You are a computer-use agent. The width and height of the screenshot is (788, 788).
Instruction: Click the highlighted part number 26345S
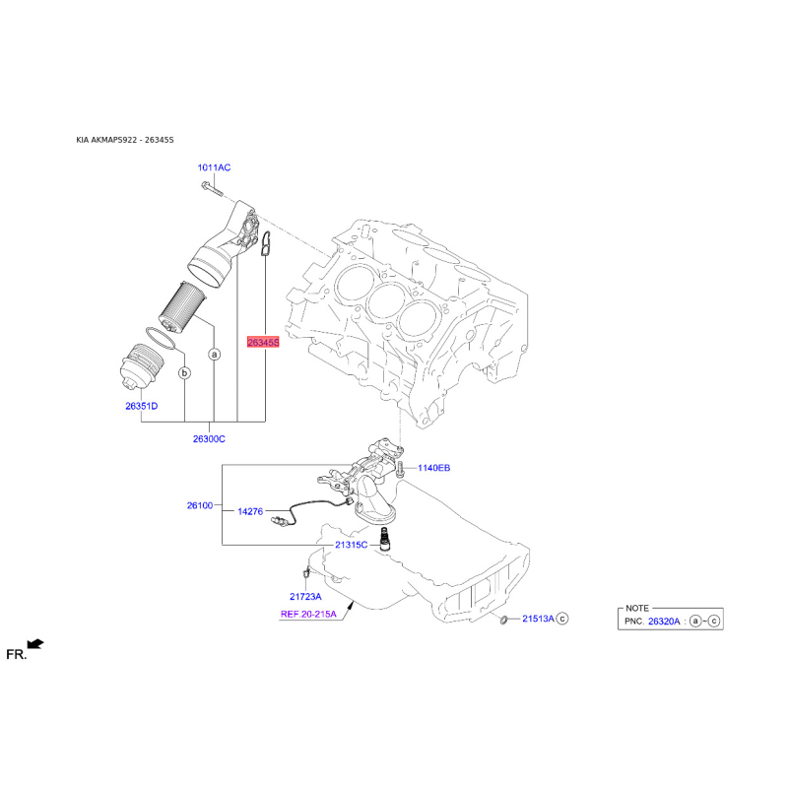pyautogui.click(x=263, y=342)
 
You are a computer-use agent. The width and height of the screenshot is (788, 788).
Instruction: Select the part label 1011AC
pyautogui.click(x=214, y=167)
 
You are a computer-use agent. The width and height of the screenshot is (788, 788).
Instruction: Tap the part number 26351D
pyautogui.click(x=141, y=406)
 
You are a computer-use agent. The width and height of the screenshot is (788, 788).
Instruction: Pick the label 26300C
pyautogui.click(x=209, y=438)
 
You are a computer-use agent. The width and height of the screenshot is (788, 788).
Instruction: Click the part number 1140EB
pyautogui.click(x=434, y=468)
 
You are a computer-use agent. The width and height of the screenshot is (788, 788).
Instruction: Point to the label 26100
pyautogui.click(x=200, y=505)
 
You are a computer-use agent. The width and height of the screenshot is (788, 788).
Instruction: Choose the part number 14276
pyautogui.click(x=250, y=511)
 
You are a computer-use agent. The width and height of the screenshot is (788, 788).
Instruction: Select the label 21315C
pyautogui.click(x=352, y=545)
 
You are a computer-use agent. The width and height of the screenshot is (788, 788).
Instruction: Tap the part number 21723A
pyautogui.click(x=305, y=597)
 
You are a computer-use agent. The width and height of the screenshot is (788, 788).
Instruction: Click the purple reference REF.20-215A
pyautogui.click(x=308, y=614)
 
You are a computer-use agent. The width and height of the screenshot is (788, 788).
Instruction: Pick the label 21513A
pyautogui.click(x=538, y=619)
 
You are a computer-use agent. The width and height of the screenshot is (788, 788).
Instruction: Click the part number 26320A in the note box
pyautogui.click(x=664, y=622)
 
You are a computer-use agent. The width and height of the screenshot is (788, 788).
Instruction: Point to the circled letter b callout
pyautogui.click(x=185, y=373)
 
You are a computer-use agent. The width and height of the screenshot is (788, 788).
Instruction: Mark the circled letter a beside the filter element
pyautogui.click(x=215, y=355)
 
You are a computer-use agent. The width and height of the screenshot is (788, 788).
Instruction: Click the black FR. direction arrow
pyautogui.click(x=35, y=644)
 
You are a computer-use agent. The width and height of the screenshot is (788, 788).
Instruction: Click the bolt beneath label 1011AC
pyautogui.click(x=212, y=188)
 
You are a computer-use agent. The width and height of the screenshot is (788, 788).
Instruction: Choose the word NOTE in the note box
pyautogui.click(x=637, y=608)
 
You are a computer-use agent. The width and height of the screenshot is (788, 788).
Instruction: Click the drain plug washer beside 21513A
pyautogui.click(x=503, y=620)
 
